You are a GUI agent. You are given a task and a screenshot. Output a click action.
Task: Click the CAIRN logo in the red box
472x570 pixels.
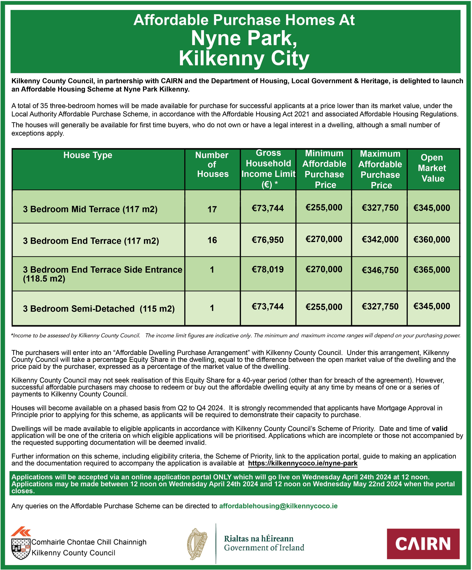click(x=423, y=544)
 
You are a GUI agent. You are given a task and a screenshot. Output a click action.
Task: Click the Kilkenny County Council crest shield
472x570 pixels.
click(x=20, y=548)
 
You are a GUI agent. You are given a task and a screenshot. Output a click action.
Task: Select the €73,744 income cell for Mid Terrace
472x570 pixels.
click(x=268, y=208)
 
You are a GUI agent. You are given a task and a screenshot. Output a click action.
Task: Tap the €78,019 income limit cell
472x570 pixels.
click(x=268, y=269)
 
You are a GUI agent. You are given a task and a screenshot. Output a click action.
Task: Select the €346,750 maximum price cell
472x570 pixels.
click(x=380, y=270)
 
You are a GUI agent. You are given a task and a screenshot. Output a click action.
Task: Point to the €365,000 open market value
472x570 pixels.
click(x=432, y=269)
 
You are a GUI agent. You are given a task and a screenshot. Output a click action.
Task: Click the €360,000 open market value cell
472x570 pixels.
click(x=432, y=239)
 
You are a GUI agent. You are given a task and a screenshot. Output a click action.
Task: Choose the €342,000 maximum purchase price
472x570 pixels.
click(x=380, y=239)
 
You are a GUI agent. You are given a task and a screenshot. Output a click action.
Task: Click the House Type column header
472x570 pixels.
click(x=88, y=155)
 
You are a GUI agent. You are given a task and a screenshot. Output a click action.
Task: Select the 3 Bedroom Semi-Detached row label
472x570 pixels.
click(x=98, y=309)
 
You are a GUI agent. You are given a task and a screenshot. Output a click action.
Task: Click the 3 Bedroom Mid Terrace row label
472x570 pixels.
click(x=90, y=209)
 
